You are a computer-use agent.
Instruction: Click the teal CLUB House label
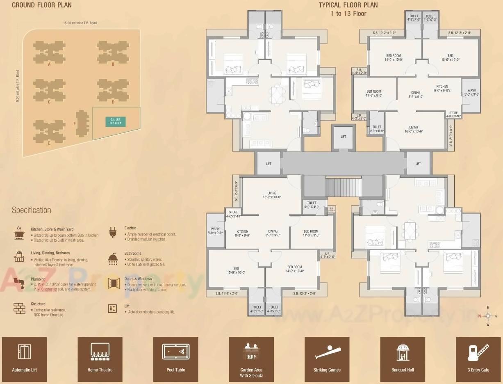point(116,121)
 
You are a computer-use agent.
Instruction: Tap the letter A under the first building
point(49,64)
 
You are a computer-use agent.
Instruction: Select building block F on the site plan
point(82,123)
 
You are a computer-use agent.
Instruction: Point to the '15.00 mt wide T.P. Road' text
point(80,23)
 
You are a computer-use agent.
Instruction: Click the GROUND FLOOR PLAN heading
point(42,5)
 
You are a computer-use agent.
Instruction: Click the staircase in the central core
point(343,186)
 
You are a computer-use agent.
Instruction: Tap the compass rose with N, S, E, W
point(487,316)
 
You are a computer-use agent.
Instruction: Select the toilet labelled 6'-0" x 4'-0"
point(312,205)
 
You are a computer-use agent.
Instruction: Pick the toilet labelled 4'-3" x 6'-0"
point(376,129)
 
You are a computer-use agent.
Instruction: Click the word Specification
point(32,210)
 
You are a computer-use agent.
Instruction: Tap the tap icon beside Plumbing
point(19,282)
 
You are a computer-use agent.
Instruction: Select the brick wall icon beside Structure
point(19,308)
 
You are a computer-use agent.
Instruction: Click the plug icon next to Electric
point(113,232)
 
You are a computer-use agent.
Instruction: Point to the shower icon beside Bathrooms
point(113,258)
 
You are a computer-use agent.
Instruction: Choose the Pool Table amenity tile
point(176,359)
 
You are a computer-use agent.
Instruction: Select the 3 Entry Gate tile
point(478,359)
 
